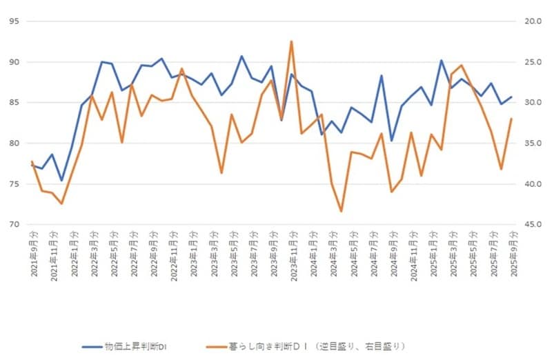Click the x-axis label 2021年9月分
point(34,256)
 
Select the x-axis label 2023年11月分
point(293,254)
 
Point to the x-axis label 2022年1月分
point(74,256)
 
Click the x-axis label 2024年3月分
point(333,256)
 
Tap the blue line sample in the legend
point(91,346)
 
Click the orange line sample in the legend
point(216,346)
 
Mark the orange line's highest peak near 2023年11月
point(291,41)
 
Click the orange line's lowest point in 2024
point(341,211)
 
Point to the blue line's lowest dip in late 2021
point(61,181)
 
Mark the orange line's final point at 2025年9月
point(511,119)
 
